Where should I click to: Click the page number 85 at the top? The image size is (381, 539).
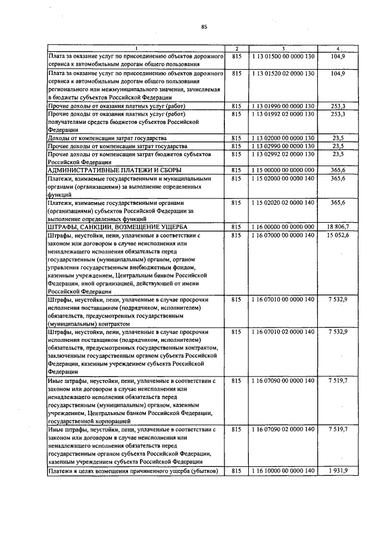click(204, 27)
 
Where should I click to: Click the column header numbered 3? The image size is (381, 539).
click(283, 48)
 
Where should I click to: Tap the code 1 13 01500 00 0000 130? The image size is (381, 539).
click(283, 56)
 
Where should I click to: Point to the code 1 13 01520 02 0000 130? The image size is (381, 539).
click(283, 73)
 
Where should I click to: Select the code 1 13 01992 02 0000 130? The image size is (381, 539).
click(283, 114)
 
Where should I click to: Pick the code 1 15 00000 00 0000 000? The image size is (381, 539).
click(283, 170)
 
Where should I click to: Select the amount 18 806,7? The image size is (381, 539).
click(337, 227)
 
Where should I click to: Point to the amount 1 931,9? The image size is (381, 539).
click(337, 471)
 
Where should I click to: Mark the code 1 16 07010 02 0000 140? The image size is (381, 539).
click(283, 332)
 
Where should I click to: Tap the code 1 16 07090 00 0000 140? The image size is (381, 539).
click(283, 380)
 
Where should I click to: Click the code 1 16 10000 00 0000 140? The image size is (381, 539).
click(283, 471)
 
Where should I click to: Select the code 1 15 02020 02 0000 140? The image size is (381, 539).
click(283, 202)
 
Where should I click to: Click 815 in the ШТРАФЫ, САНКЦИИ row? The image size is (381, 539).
click(236, 227)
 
